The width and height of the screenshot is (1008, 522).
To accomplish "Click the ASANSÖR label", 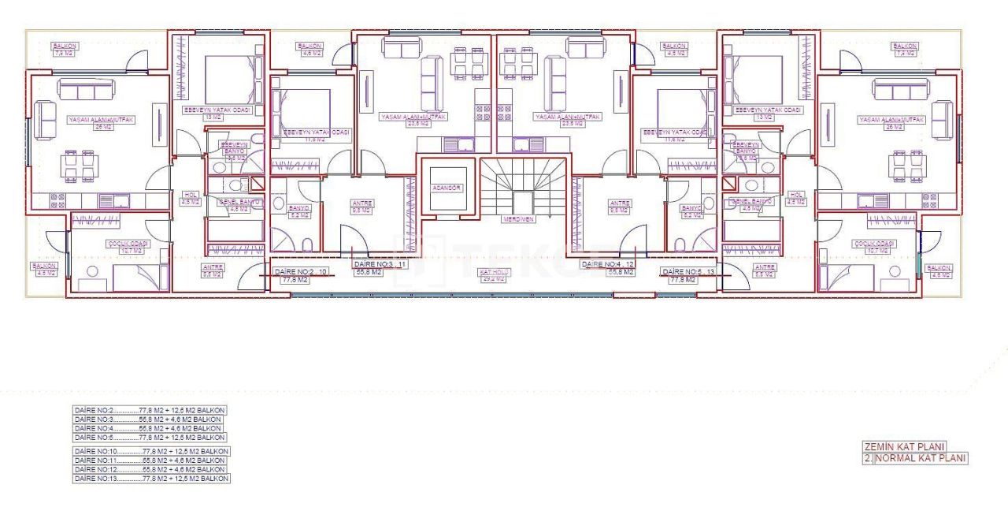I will click(446, 188).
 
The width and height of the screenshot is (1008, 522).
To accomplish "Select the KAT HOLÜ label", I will click(495, 272).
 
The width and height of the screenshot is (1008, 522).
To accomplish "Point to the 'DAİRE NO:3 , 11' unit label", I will click(380, 264).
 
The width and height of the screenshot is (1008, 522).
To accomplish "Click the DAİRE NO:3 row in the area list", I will click(150, 419).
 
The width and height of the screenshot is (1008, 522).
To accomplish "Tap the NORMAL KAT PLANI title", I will click(920, 457).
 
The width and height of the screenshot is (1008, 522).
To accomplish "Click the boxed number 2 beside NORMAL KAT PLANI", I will click(868, 457).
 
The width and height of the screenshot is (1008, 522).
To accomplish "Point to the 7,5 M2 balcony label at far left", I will click(64, 54).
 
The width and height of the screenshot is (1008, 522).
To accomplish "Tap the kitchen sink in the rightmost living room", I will click(869, 200).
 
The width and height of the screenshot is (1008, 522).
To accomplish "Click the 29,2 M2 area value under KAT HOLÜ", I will click(495, 278).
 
